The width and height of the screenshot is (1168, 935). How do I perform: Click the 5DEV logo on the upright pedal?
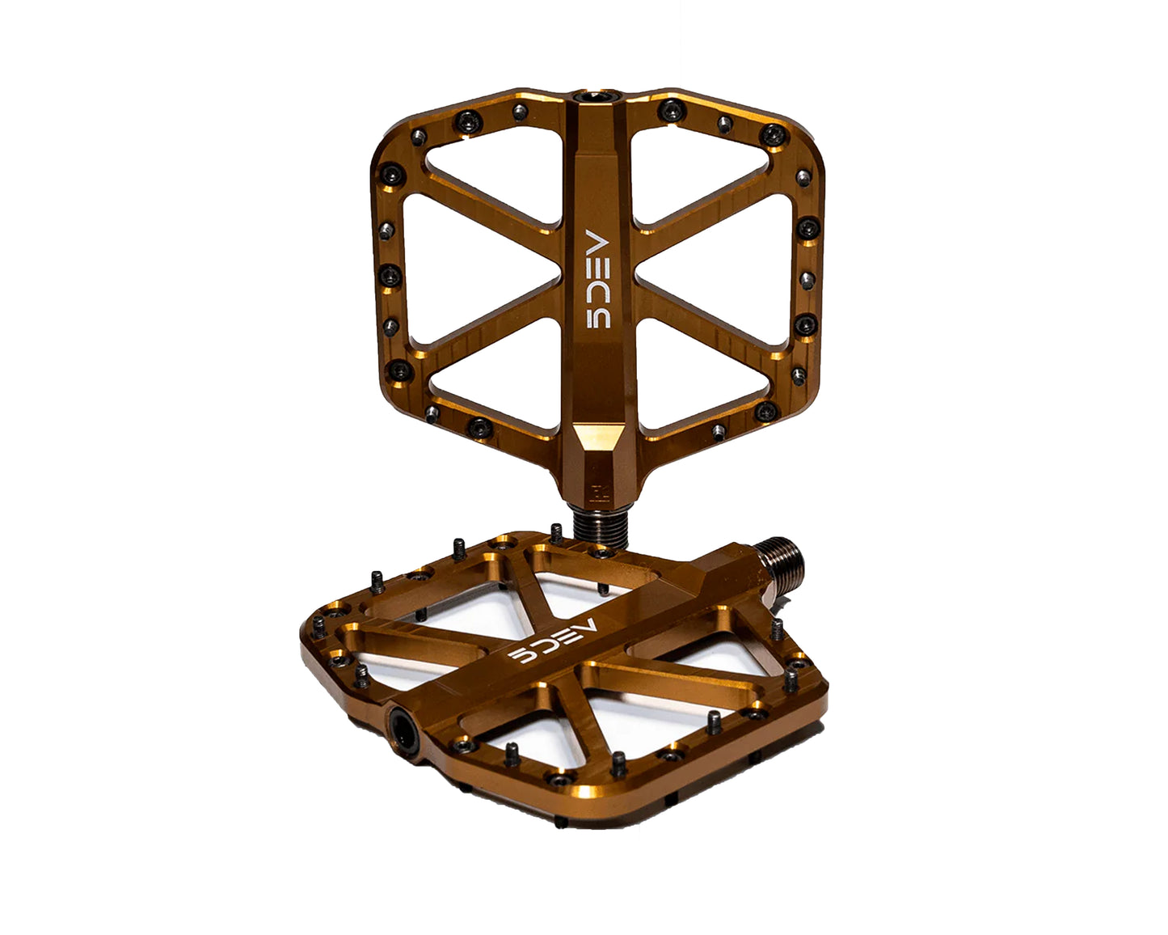(x=598, y=279)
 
